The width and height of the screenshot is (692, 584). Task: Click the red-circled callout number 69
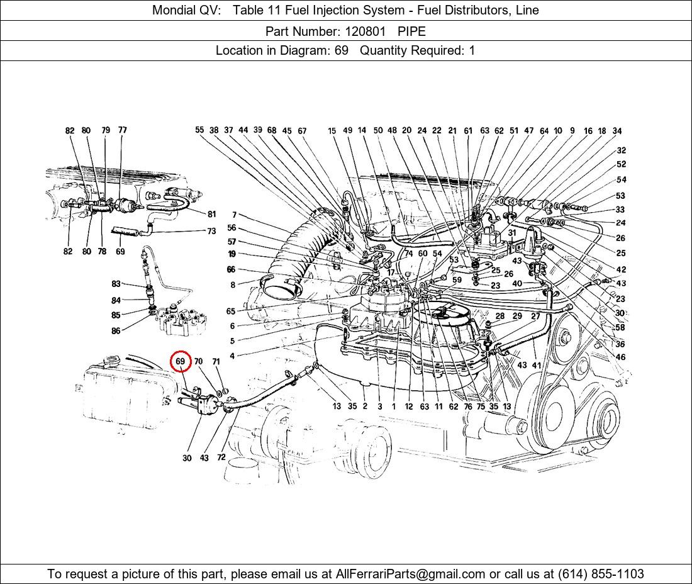tap(181, 361)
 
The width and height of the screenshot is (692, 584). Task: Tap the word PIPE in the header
tap(411, 31)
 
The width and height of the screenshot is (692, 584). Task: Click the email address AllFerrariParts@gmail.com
tap(411, 574)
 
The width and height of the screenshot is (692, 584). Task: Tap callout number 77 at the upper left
tap(122, 130)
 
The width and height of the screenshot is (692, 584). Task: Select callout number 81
tap(211, 214)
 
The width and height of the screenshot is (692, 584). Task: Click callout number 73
tap(211, 232)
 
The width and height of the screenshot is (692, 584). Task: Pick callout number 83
tap(116, 284)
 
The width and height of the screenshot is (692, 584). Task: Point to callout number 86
tap(116, 331)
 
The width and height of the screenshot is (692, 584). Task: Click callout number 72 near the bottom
tap(221, 458)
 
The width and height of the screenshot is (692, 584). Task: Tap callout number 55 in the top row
tap(199, 130)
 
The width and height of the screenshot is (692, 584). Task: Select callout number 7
tap(234, 215)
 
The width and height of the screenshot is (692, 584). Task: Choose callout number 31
tap(512, 233)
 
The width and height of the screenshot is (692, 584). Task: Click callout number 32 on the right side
tap(621, 150)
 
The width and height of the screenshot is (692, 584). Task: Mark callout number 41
tap(536, 365)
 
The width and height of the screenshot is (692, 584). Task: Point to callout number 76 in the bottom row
tap(468, 407)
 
